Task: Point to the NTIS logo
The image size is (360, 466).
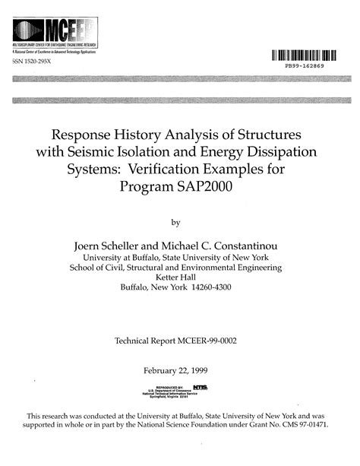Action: pyautogui.click(x=202, y=388)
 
